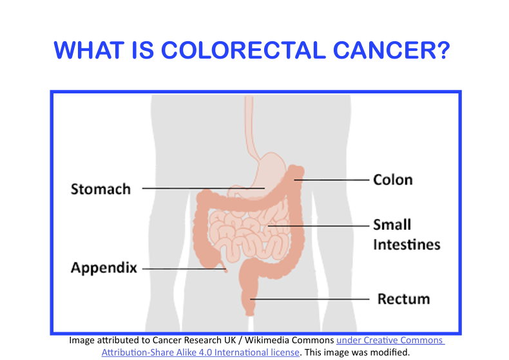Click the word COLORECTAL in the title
tap(244, 50)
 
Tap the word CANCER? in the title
tap(392, 50)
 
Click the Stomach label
tap(101, 189)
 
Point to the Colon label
tap(393, 180)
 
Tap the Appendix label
tap(104, 268)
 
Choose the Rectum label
tap(403, 299)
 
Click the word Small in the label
tap(392, 224)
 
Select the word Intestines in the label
tap(407, 245)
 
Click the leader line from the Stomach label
tap(204, 188)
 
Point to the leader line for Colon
tap(332, 180)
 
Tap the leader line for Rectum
tap(310, 299)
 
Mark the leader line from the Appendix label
tap(184, 269)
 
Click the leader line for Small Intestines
tap(319, 226)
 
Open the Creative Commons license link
tap(273, 346)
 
